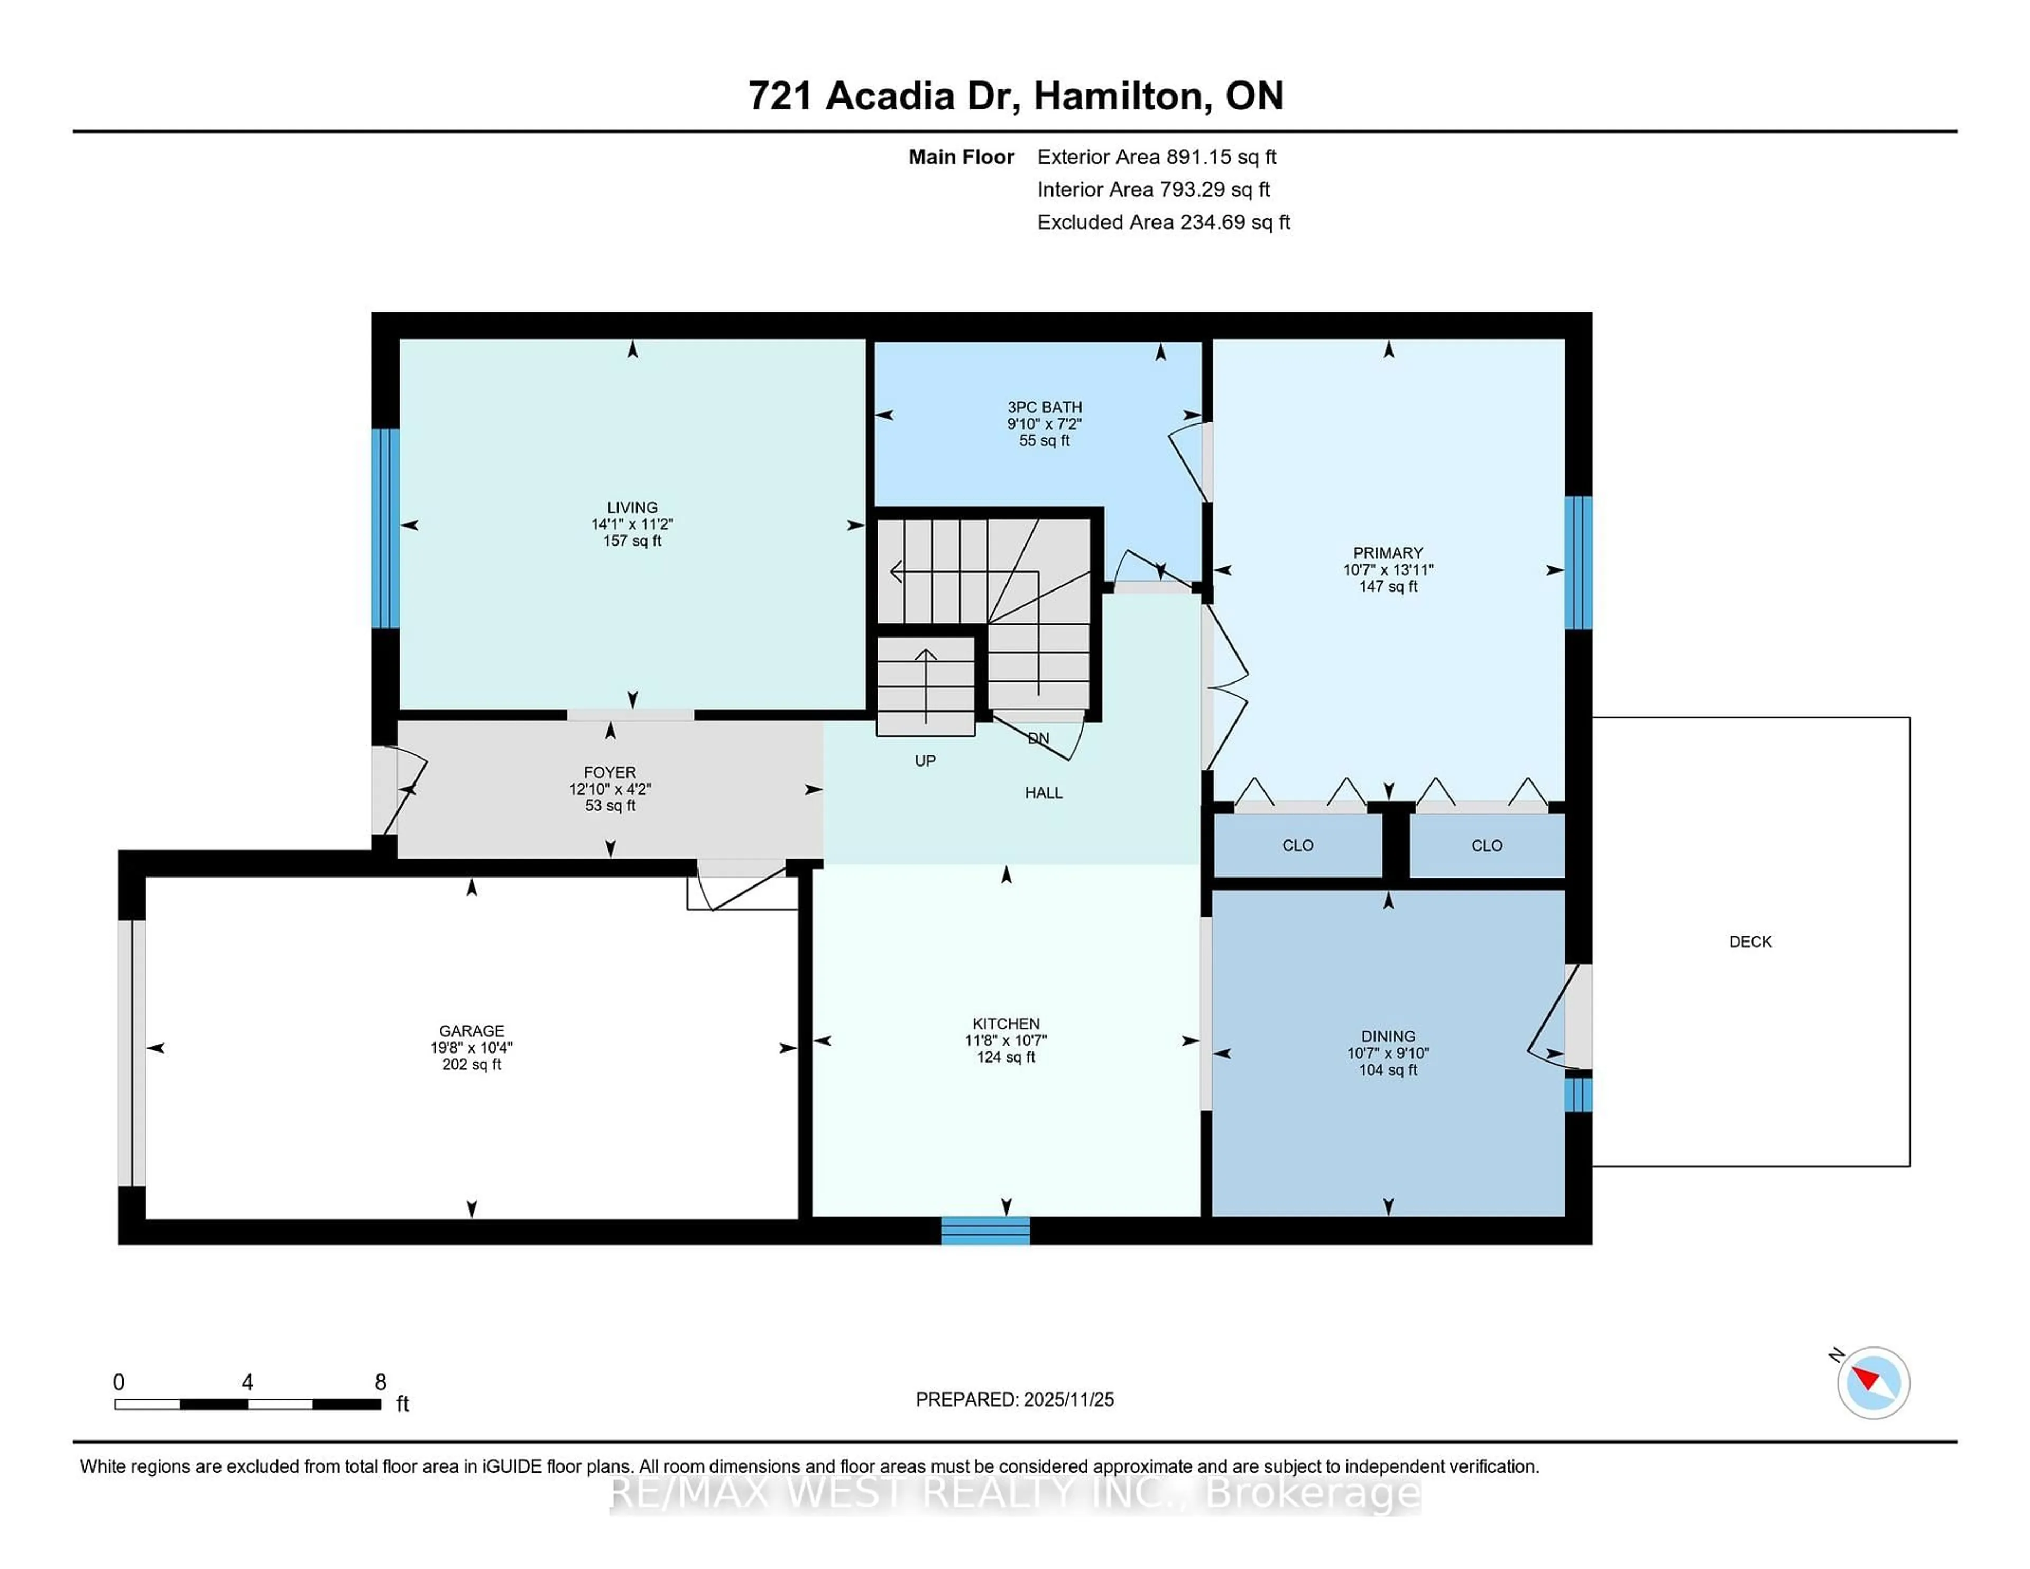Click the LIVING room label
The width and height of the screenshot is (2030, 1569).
click(632, 507)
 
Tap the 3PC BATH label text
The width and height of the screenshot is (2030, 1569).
click(1044, 407)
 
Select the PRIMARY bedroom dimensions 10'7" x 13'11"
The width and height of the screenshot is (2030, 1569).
click(1388, 570)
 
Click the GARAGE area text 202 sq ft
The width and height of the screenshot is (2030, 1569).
click(471, 1064)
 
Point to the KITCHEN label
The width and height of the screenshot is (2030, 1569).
click(1005, 1023)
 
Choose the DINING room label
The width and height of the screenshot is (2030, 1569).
click(1388, 1036)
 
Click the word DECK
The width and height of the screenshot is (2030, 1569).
click(1750, 942)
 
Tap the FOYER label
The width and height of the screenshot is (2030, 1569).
click(610, 772)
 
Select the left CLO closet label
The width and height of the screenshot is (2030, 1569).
click(1298, 845)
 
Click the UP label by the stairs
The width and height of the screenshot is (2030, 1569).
click(925, 760)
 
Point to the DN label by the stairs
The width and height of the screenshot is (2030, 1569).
click(1038, 738)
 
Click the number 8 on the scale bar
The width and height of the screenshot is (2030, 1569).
click(380, 1382)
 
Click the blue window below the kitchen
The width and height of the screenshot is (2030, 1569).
click(985, 1231)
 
